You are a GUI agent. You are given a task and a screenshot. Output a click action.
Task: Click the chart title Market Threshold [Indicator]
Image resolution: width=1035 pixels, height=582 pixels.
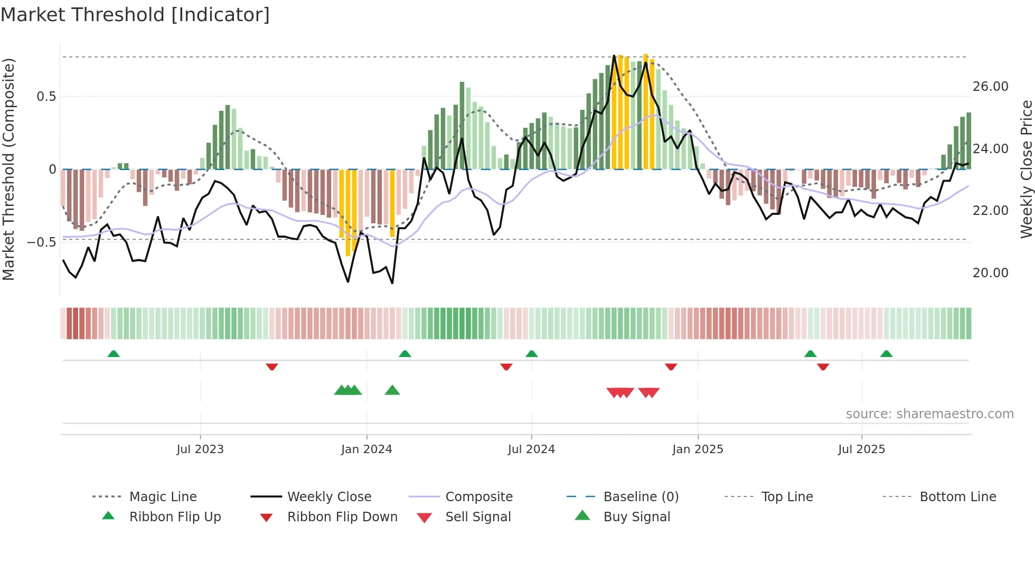coord(135,15)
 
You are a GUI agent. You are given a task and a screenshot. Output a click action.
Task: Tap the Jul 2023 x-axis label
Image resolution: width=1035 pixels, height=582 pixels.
coord(200,449)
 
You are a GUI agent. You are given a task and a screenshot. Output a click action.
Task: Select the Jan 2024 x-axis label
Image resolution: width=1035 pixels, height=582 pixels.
coord(366,449)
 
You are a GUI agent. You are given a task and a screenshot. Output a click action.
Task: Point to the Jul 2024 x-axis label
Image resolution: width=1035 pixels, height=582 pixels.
coord(531,449)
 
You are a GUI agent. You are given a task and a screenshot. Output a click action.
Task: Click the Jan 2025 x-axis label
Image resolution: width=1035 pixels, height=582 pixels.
coord(698,449)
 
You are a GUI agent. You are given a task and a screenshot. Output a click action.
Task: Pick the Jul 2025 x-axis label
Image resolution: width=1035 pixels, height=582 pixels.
coord(861,449)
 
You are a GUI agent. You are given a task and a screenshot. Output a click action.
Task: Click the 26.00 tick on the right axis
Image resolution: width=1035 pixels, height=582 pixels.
coord(990,87)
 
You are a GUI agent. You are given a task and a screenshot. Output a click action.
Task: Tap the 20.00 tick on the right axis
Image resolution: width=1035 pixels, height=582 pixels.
coord(990,273)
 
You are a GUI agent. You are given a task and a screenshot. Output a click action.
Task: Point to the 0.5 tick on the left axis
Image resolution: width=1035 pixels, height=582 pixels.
coord(46,97)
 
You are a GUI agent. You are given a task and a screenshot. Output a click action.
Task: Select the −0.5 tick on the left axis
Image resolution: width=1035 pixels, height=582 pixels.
coord(42,242)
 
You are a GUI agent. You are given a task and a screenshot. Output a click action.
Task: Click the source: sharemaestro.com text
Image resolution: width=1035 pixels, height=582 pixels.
coord(929,414)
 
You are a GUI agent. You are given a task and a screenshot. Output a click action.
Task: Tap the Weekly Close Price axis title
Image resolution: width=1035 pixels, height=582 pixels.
coord(1026,169)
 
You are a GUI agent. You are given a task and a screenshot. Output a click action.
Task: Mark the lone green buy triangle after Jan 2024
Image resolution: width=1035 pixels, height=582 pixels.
coord(392,390)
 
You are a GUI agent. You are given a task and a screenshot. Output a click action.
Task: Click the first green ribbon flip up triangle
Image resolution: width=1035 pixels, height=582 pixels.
coord(114,354)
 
